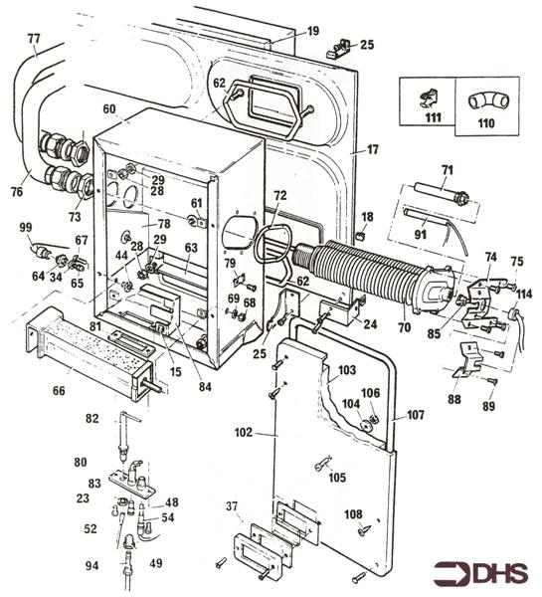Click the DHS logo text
point(496,574)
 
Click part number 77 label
point(34,39)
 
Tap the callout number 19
point(312,32)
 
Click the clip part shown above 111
point(431,96)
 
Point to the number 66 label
point(60,391)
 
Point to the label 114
point(524,295)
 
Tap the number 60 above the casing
point(109,108)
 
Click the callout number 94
point(92,566)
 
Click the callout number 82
point(92,421)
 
